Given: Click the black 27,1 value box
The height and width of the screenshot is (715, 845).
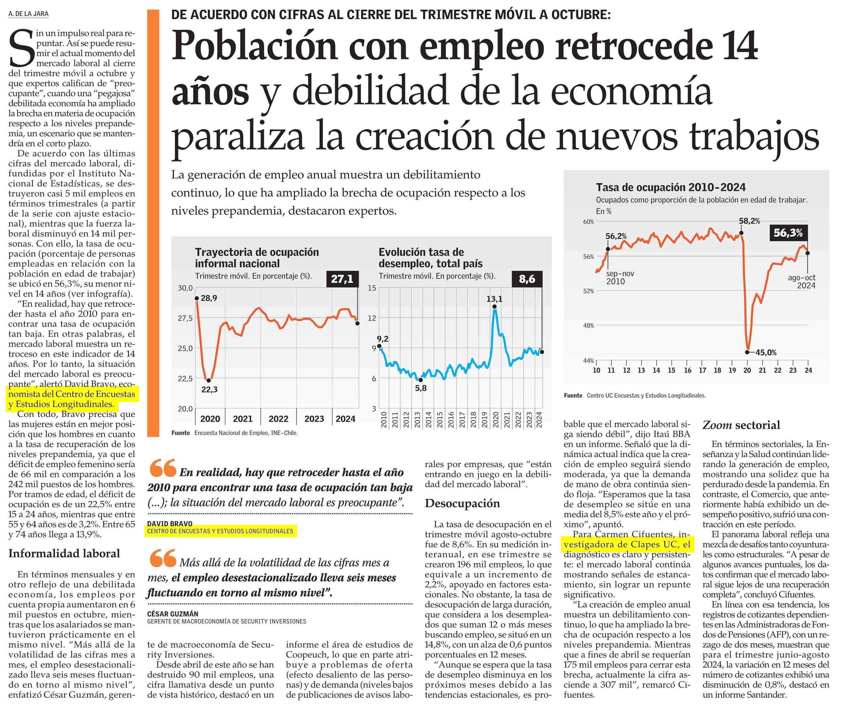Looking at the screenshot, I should [342, 279].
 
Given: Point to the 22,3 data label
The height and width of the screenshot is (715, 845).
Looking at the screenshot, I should [209, 389].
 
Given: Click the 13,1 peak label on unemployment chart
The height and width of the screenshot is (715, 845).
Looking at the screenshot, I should [494, 299].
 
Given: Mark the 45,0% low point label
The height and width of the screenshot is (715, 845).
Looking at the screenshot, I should [766, 353].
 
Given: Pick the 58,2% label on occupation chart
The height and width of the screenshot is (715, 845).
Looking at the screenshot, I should [749, 221].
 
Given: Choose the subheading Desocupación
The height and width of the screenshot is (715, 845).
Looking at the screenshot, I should [462, 504].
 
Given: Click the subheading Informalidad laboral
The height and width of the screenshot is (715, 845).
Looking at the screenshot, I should [64, 554].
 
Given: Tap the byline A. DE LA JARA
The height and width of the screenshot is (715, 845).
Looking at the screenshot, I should [28, 14].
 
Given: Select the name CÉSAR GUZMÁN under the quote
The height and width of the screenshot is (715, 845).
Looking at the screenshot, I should [173, 614].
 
